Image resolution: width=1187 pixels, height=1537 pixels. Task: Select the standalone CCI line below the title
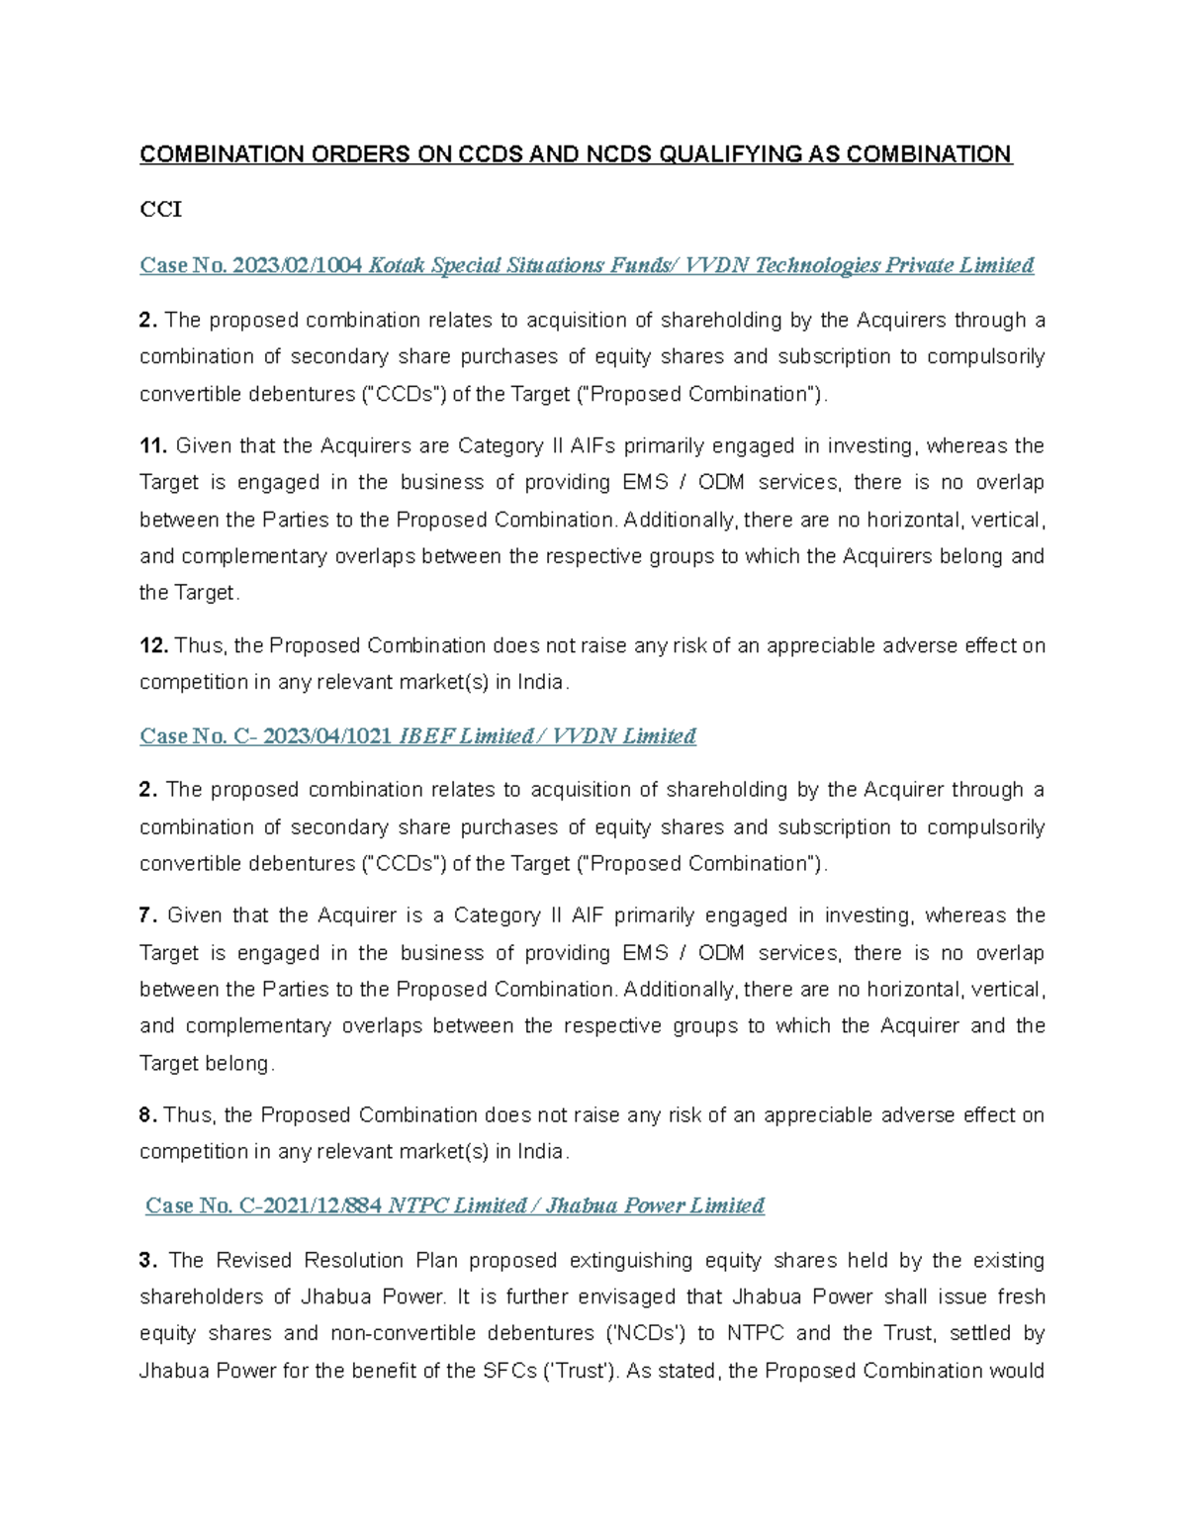[x=160, y=210]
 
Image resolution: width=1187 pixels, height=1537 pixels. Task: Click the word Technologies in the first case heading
[x=816, y=265]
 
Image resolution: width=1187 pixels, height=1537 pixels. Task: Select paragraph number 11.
[x=153, y=446]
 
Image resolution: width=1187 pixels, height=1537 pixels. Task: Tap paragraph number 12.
[x=153, y=646]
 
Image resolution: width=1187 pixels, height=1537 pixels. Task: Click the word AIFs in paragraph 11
[x=596, y=446]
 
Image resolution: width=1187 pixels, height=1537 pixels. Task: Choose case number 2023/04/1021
[x=327, y=736]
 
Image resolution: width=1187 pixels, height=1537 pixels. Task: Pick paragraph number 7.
[x=147, y=915]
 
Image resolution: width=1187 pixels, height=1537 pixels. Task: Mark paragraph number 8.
[x=147, y=1115]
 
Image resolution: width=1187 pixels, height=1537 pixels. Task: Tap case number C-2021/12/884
[x=311, y=1205]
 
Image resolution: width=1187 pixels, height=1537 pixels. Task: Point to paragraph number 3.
[x=147, y=1261]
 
